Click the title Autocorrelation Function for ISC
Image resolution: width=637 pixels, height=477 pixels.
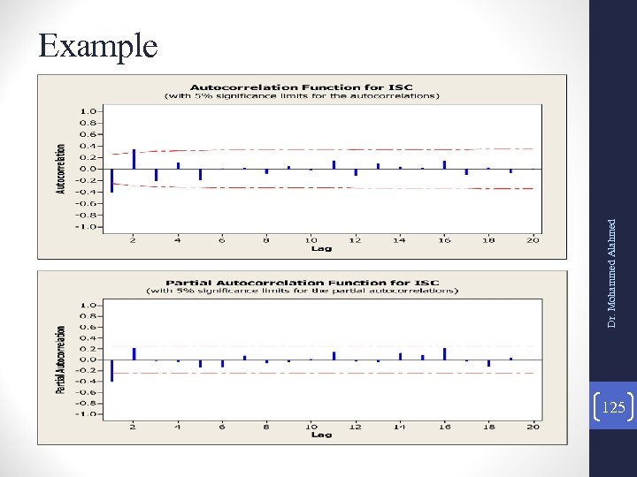301,87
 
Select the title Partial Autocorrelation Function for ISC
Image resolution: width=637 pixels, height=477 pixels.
301,283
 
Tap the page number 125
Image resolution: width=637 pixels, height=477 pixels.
612,407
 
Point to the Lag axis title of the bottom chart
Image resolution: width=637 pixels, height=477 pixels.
321,435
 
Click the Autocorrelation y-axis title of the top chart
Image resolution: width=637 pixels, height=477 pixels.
61,169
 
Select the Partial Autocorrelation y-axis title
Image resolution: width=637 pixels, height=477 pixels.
61,360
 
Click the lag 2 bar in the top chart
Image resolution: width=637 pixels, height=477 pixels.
134,159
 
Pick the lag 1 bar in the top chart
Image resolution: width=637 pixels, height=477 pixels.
111,179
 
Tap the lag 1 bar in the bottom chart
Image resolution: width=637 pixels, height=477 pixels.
111,370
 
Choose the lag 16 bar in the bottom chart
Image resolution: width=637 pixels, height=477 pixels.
444,353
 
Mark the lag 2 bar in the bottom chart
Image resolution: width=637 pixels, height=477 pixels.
134,353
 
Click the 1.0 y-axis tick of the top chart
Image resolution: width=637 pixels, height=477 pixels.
88,111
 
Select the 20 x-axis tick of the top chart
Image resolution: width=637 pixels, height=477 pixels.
533,239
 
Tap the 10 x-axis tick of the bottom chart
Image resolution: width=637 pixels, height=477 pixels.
311,427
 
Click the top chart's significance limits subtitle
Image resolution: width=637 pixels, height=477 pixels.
301,95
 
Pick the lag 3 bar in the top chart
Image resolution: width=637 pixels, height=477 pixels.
156,174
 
